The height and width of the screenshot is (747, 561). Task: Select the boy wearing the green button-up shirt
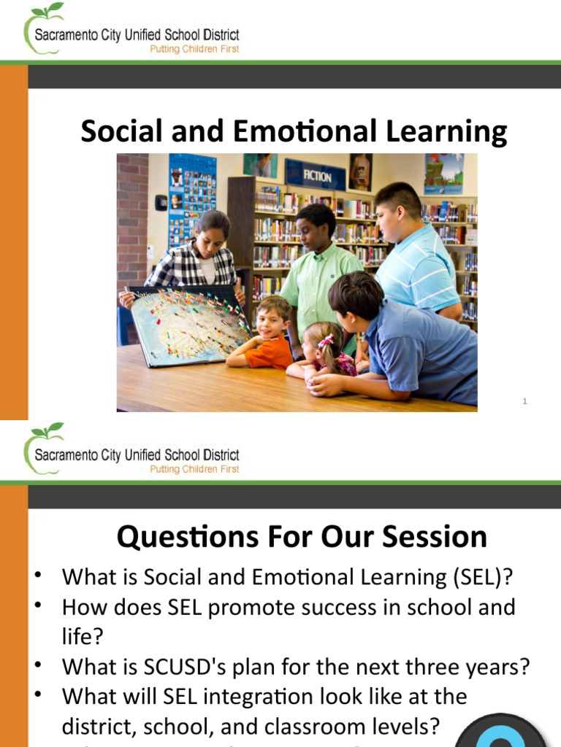tap(320, 270)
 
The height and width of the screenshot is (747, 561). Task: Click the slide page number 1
tap(524, 401)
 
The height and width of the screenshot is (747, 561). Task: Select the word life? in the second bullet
tap(82, 637)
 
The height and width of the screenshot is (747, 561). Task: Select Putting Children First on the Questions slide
tap(194, 469)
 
